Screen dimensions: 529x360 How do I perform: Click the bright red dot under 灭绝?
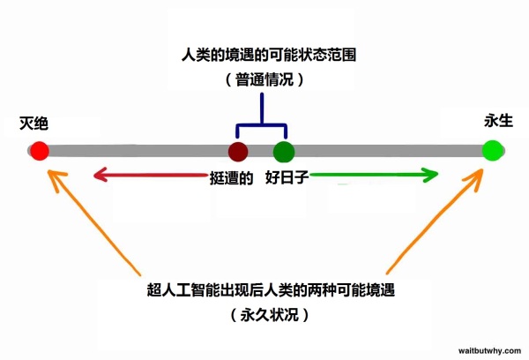(x=40, y=151)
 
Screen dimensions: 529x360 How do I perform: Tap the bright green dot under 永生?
(x=492, y=151)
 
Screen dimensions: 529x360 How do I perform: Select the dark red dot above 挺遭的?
(x=238, y=152)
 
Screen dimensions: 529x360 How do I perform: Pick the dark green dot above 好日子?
(x=284, y=152)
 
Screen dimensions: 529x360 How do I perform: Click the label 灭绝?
(x=34, y=124)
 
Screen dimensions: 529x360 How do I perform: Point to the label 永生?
(x=499, y=121)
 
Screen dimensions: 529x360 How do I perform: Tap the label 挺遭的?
(x=231, y=178)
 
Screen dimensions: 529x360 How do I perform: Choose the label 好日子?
(x=287, y=177)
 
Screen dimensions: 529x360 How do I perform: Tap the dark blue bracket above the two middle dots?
(x=262, y=125)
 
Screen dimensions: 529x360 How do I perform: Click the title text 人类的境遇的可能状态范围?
(x=269, y=55)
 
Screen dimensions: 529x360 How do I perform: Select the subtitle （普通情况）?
(x=264, y=80)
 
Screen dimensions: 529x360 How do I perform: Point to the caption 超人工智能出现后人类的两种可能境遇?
(x=271, y=289)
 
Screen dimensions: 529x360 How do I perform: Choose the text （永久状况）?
(x=270, y=315)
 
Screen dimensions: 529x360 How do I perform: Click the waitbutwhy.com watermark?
(x=489, y=351)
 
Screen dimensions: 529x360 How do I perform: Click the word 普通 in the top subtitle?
(x=250, y=80)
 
